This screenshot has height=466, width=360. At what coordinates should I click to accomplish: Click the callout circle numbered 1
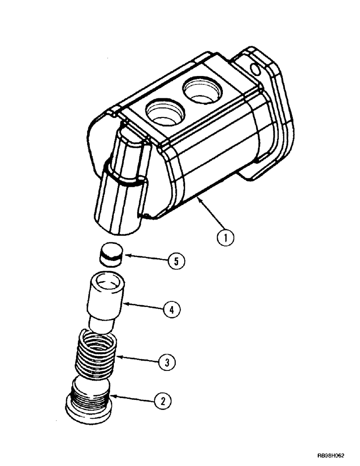pyautogui.click(x=226, y=238)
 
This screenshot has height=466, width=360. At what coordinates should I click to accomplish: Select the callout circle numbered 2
pyautogui.click(x=162, y=401)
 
